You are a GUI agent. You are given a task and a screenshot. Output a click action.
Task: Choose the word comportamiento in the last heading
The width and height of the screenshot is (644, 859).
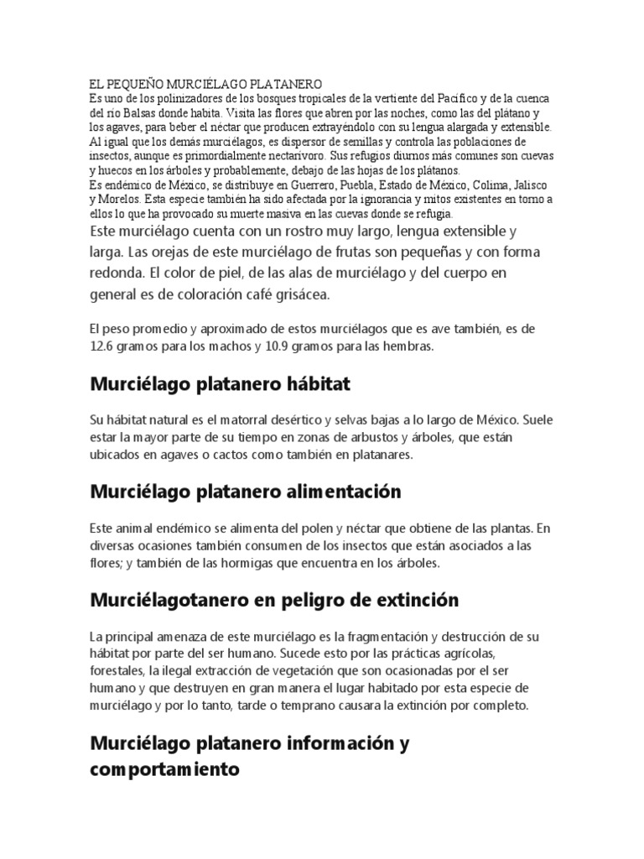pos(164,768)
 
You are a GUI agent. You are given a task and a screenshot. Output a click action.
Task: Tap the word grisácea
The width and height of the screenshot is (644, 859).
pos(296,295)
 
